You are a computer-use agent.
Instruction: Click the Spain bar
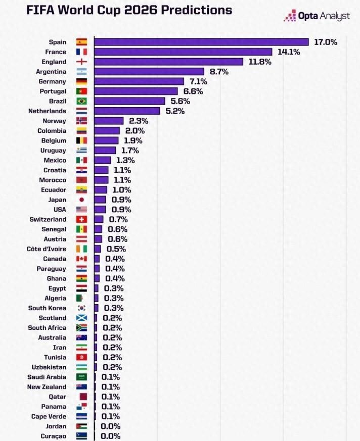(x=201, y=42)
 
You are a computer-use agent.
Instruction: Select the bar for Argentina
(x=149, y=72)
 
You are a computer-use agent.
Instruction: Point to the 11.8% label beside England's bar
(x=260, y=62)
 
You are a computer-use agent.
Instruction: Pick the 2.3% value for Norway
(x=138, y=121)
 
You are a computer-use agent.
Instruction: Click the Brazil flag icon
(x=81, y=101)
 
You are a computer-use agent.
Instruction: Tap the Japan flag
(x=81, y=200)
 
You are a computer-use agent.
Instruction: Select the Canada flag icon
(x=81, y=259)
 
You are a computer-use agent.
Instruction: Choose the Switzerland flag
(x=81, y=219)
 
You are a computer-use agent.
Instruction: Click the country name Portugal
(x=53, y=91)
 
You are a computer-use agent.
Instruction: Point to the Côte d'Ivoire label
(x=46, y=249)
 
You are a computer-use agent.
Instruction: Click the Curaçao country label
(x=54, y=436)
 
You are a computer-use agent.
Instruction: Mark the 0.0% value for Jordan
(x=110, y=426)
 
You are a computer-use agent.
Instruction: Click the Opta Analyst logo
(x=317, y=16)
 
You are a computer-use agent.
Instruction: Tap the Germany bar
(x=139, y=81)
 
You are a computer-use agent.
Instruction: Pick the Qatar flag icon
(x=81, y=397)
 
